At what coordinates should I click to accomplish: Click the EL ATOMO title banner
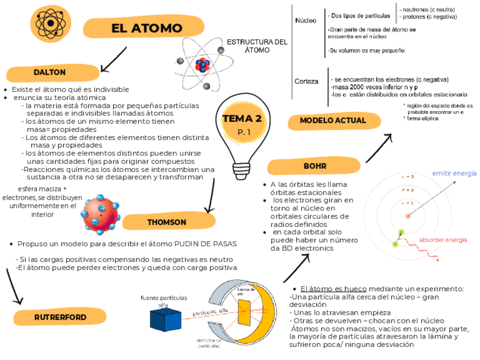pyautogui.click(x=146, y=28)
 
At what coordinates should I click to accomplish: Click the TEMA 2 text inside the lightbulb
pyautogui.click(x=242, y=119)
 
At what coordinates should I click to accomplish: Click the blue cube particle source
pyautogui.click(x=165, y=318)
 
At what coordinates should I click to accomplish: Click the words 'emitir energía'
pyautogui.click(x=454, y=173)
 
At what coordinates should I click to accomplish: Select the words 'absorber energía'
pyautogui.click(x=443, y=240)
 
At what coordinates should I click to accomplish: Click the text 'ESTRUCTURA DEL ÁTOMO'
pyautogui.click(x=257, y=46)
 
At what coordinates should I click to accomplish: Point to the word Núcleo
pyautogui.click(x=306, y=21)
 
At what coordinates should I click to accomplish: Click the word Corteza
pyautogui.click(x=306, y=82)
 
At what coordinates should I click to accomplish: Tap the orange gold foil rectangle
pyautogui.click(x=245, y=312)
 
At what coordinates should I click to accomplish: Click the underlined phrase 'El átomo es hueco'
pyautogui.click(x=333, y=289)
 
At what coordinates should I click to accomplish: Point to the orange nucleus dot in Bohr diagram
pyautogui.click(x=406, y=215)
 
